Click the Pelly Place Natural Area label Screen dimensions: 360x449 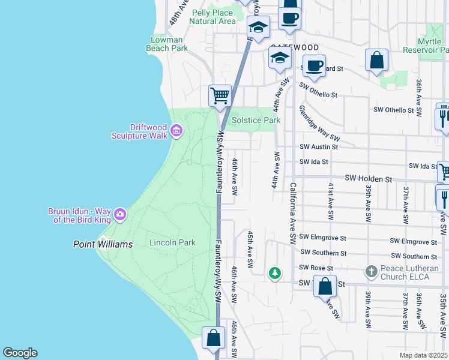coord(212,17)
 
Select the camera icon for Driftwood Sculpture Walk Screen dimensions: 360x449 coord(176,130)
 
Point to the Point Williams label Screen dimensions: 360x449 coord(97,244)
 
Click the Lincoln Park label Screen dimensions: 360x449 coord(172,243)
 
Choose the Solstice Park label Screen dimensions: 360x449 coord(256,120)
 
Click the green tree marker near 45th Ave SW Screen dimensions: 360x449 coord(275,274)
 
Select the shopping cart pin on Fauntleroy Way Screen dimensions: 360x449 coord(220,95)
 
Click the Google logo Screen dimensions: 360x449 coord(20,353)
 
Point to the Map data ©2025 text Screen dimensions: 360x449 coord(423,355)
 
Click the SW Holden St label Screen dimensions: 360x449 coord(368,179)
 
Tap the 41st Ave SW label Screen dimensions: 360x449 coord(330,202)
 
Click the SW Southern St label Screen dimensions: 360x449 coord(323,253)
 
